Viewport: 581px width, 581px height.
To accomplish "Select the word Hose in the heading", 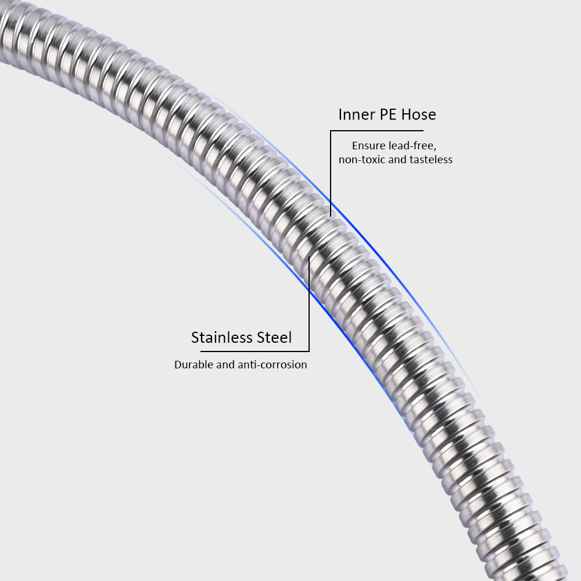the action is pyautogui.click(x=419, y=114).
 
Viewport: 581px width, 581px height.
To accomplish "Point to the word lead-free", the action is pyautogui.click(x=413, y=146).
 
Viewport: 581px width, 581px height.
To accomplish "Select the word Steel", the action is pyautogui.click(x=275, y=338).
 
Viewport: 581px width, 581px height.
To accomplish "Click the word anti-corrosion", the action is pyautogui.click(x=272, y=365).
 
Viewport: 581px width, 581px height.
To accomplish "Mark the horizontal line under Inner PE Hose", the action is pyautogui.click(x=377, y=130).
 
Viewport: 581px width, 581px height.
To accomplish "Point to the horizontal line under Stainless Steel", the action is pyautogui.click(x=255, y=352).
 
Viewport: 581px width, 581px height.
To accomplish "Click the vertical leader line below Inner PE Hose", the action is pyautogui.click(x=331, y=173).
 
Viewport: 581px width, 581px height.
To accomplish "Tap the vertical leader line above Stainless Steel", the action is pyautogui.click(x=309, y=303).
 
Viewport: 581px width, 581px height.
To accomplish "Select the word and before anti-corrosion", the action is pyautogui.click(x=225, y=365).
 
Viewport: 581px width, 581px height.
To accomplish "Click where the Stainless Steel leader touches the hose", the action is pyautogui.click(x=309, y=256).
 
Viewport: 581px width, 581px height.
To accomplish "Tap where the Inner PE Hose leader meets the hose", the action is pyautogui.click(x=331, y=216).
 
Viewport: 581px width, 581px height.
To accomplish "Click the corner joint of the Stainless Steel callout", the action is pyautogui.click(x=309, y=352).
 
